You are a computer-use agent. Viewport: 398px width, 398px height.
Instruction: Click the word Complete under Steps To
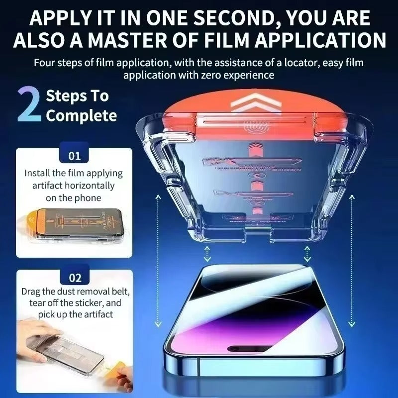(82, 116)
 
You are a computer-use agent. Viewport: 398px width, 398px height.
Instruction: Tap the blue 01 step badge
(75, 156)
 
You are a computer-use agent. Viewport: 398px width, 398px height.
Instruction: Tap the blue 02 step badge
(75, 278)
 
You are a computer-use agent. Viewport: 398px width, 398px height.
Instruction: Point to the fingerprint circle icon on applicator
(255, 128)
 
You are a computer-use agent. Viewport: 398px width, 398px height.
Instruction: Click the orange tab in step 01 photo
(29, 221)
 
